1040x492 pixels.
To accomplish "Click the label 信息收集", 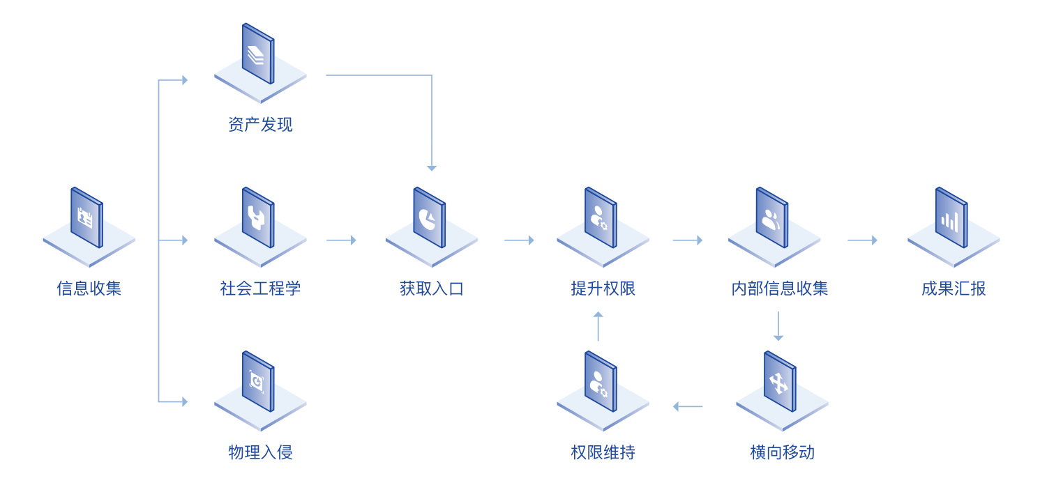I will pyautogui.click(x=89, y=289).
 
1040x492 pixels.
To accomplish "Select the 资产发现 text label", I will pyautogui.click(x=260, y=125).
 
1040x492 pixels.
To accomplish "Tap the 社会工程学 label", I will pyautogui.click(x=260, y=289).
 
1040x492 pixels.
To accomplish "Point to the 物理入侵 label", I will pyautogui.click(x=260, y=452).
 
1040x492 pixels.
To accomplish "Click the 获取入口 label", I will pyautogui.click(x=432, y=289).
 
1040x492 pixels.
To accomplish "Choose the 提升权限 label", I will pyautogui.click(x=603, y=289).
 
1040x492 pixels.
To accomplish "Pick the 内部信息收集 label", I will pyautogui.click(x=779, y=289).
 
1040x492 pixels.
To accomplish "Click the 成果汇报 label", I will pyautogui.click(x=954, y=289).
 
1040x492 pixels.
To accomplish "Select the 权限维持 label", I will pyautogui.click(x=603, y=452).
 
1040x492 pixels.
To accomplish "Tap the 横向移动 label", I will pyautogui.click(x=782, y=452).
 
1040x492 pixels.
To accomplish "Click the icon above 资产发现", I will pyautogui.click(x=257, y=54).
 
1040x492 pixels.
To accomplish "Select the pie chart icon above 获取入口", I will pyautogui.click(x=429, y=218).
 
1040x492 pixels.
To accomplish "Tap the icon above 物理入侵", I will pyautogui.click(x=257, y=381).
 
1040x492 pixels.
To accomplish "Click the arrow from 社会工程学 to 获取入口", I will pyautogui.click(x=341, y=240).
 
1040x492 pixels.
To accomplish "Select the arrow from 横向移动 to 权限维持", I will pyautogui.click(x=688, y=406).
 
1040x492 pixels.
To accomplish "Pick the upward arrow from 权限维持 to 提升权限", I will pyautogui.click(x=598, y=326).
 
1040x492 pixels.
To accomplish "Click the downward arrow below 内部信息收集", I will pyautogui.click(x=778, y=326).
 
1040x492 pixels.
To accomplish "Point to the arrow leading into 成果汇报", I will pyautogui.click(x=862, y=240).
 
